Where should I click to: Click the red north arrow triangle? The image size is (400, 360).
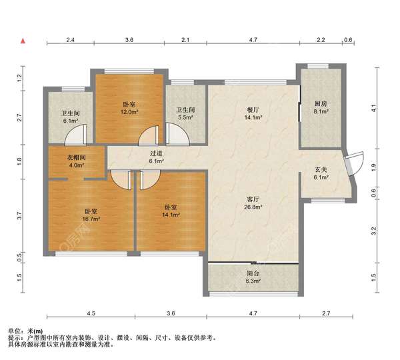23,41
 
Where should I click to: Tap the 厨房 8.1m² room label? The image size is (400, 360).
321,107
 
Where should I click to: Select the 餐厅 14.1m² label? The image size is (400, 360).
253,113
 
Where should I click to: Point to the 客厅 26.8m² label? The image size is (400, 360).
253,203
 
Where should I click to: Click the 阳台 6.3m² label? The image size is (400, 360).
253,277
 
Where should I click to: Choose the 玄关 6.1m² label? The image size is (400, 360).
321,173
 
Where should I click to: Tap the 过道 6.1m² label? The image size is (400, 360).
156,157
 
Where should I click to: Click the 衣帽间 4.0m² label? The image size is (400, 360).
76,161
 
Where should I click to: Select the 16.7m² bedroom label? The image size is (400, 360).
91,215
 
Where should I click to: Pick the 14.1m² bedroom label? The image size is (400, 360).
171,211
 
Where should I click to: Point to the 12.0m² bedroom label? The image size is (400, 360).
129,108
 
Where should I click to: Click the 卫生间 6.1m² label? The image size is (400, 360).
71,117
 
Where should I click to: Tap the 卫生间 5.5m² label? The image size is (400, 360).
185,113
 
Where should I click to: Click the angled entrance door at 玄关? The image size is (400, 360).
353,163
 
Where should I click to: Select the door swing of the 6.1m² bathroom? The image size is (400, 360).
76,134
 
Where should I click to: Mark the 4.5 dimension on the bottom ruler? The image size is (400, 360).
91,313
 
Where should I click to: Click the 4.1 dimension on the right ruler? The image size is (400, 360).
374,109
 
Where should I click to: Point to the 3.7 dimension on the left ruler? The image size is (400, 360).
19,216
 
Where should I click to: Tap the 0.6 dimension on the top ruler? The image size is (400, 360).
348,40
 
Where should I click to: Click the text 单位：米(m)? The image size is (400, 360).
25,331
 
